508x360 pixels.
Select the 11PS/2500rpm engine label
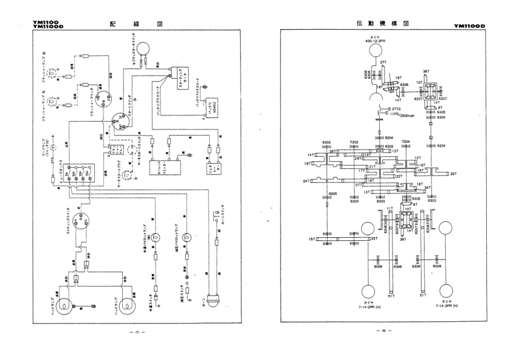pyautogui.click(x=402, y=114)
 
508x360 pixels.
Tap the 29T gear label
pyautogui.click(x=453, y=174)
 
